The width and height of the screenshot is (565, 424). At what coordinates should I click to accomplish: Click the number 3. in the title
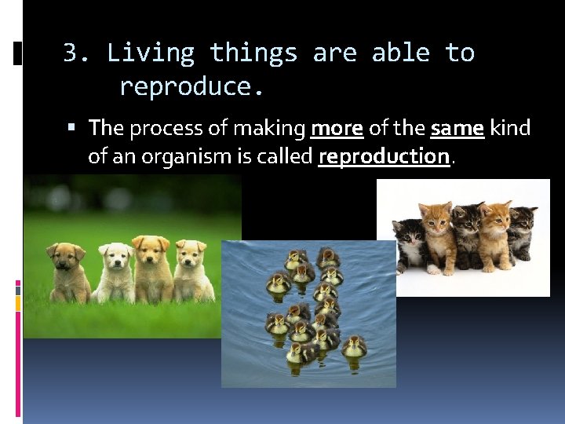(x=77, y=53)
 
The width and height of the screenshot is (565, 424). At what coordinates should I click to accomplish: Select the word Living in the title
(x=151, y=53)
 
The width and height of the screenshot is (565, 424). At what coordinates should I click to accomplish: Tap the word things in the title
(x=253, y=53)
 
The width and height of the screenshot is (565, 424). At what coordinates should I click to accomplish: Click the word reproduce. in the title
(x=191, y=86)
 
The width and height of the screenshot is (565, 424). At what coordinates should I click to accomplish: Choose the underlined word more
(x=337, y=127)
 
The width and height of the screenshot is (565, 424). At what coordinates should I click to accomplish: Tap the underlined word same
(x=457, y=127)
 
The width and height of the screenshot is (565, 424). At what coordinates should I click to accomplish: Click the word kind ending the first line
(x=510, y=127)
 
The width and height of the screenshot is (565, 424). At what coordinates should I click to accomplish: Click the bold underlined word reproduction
(x=384, y=156)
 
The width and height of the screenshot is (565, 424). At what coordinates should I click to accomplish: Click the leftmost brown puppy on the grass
(x=67, y=271)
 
